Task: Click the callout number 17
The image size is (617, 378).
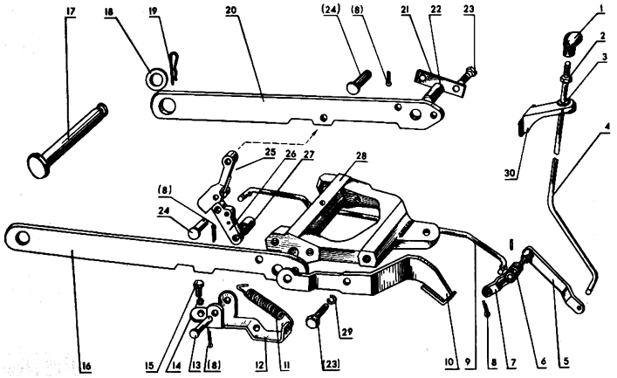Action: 71,11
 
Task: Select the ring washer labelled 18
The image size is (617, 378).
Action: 155,79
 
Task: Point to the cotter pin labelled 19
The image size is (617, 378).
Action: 174,68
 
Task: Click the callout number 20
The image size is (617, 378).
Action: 231,10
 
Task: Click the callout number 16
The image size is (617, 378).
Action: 86,366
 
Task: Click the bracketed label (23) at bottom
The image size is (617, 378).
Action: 330,364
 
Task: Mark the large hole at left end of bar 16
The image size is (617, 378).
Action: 24,237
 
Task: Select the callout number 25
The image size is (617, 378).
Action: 270,152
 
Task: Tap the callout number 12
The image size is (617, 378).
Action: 259,365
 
